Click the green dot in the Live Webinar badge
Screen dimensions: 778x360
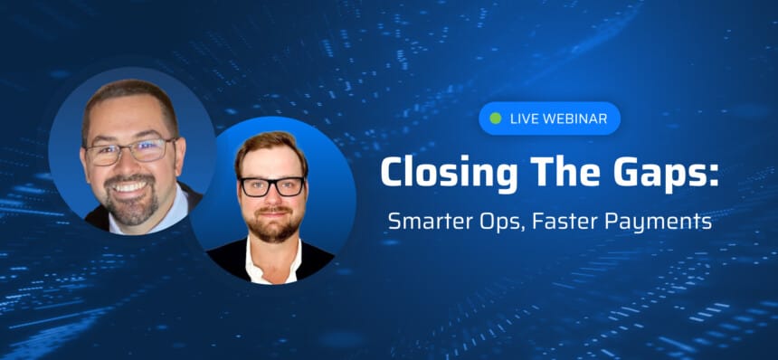coord(495,118)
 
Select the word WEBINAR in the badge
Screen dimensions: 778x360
coord(575,118)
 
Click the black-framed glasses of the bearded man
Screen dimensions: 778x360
coord(272,186)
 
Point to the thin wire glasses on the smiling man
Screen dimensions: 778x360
coord(129,151)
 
